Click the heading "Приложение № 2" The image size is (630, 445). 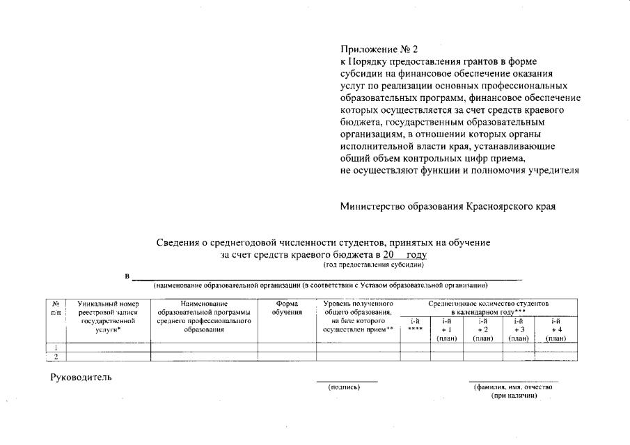click(x=379, y=49)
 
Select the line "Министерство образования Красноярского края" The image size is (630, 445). click(x=448, y=207)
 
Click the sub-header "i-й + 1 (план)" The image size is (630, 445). click(x=446, y=329)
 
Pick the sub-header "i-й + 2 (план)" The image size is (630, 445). click(x=482, y=329)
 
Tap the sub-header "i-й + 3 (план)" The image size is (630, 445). click(x=519, y=329)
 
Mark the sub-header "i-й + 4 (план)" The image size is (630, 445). click(x=556, y=329)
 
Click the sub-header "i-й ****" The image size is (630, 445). click(x=415, y=325)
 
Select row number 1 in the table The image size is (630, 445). click(x=55, y=347)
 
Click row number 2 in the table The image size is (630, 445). click(x=55, y=357)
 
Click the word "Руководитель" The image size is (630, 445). click(x=80, y=377)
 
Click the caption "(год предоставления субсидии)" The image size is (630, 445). click(x=373, y=265)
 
